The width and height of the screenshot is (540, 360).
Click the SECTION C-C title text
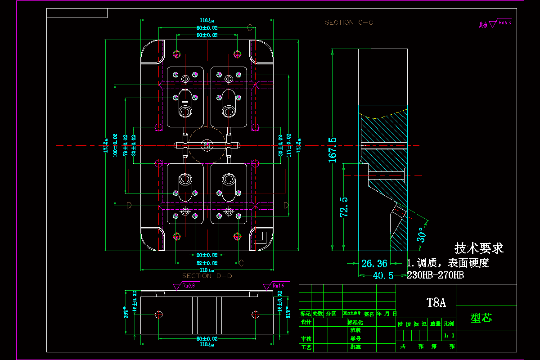tap(349, 22)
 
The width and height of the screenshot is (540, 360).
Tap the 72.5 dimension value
tap(344, 207)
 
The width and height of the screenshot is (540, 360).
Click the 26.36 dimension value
tap(374, 263)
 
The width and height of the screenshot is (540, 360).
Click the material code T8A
tap(436, 302)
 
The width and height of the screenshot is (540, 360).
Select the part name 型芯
tap(481, 318)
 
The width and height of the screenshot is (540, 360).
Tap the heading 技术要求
tap(479, 248)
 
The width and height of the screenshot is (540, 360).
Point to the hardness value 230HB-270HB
tap(435, 275)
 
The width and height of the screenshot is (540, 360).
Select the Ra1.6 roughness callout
tap(274, 285)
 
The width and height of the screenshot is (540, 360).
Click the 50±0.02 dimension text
tap(207, 35)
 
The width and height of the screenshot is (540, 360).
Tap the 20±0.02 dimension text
tap(207, 255)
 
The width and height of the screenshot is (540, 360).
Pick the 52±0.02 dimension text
tap(207, 263)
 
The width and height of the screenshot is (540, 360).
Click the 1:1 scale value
tap(449, 335)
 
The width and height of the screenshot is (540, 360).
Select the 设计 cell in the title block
tap(306, 322)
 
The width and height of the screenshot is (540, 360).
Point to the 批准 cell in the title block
tap(355, 347)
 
